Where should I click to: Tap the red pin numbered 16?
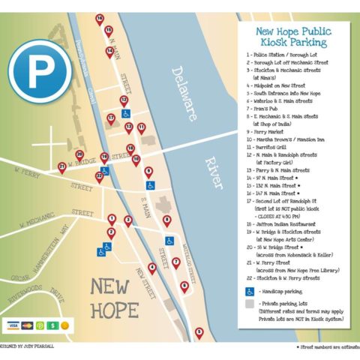coord(99,19)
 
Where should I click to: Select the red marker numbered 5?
coord(199,331)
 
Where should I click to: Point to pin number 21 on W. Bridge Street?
coord(61,166)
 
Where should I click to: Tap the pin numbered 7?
coord(176,262)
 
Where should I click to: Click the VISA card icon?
coord(13,325)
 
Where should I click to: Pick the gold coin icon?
coord(64,325)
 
